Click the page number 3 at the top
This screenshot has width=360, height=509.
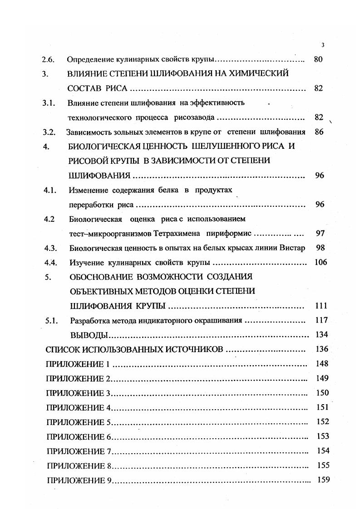tap(322, 44)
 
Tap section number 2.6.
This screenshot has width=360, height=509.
tap(47, 59)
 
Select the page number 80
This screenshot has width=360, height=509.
tap(318, 59)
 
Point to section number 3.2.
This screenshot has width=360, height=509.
tap(49, 132)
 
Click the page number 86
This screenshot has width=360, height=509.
tap(320, 132)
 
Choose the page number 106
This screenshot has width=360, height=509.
tap(321, 263)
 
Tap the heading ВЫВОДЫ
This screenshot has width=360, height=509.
tap(90, 335)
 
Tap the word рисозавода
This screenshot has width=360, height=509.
tap(195, 118)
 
